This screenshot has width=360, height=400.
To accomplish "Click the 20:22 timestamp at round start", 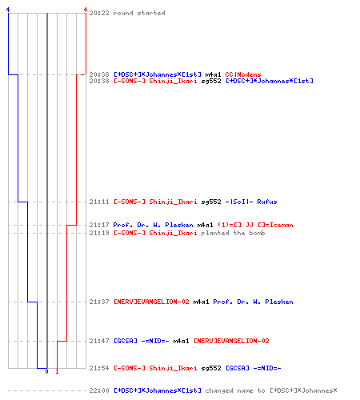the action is pos(99,13).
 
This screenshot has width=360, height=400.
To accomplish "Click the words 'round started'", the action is pos(139,13).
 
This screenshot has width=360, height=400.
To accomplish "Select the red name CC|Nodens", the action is pos(243,74).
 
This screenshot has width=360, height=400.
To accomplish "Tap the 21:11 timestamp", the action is pos(99,202).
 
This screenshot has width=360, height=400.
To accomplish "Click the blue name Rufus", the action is pos(267,202).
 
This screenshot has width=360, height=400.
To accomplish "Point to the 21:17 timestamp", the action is pos(99,225).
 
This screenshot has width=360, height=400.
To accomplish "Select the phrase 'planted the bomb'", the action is pos(233,233).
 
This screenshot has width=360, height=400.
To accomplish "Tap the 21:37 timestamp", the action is pos(99,302).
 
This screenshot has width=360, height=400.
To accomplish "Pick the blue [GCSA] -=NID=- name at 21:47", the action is pos(142,341).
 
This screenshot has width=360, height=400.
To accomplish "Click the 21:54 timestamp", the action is pos(99,368).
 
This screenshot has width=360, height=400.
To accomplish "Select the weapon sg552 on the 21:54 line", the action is pos(211,368).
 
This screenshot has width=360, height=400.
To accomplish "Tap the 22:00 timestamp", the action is pos(99,390).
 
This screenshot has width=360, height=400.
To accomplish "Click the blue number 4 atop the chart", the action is pos(8,10).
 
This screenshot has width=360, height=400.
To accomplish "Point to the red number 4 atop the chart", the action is pos(86,10).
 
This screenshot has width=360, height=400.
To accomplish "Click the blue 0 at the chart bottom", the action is pos(46,371).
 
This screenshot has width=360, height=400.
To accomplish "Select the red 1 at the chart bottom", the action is pos(57,371).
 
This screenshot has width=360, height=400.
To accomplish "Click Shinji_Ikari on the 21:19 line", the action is pos(173,233).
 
